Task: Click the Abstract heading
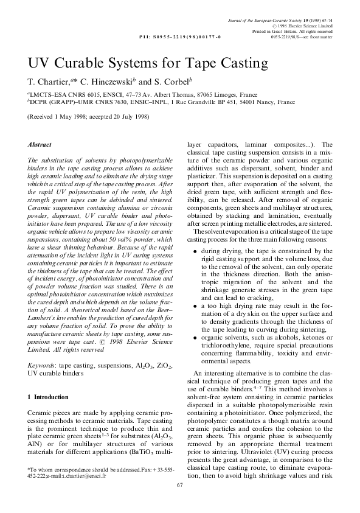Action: point(40,145)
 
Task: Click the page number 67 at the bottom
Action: point(179,502)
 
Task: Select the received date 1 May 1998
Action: point(66,117)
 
